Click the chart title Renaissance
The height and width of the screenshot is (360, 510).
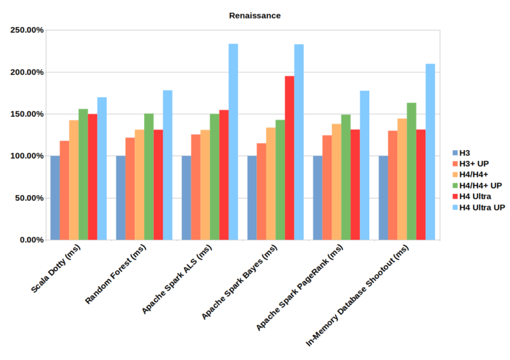[255, 15]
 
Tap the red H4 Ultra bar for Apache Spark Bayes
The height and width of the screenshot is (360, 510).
[290, 157]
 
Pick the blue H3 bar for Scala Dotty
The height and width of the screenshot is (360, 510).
[54, 197]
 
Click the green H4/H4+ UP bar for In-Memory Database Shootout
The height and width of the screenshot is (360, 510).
[412, 171]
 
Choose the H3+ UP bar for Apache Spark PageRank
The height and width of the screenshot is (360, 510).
[327, 187]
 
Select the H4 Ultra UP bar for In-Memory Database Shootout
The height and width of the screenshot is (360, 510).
[430, 151]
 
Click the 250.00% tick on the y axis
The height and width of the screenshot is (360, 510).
[27, 30]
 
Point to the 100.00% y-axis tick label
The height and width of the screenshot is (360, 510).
[27, 156]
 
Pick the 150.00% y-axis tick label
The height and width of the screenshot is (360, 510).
[27, 114]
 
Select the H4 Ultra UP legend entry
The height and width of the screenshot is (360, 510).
[482, 207]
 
